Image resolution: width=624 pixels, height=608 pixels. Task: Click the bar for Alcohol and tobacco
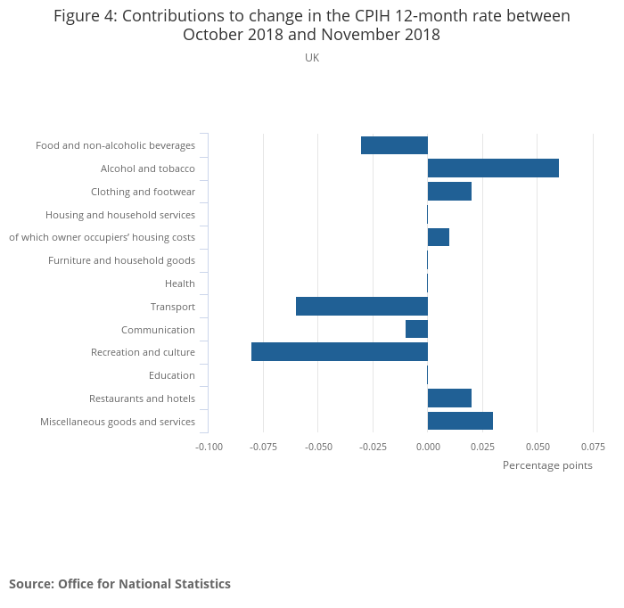tap(493, 168)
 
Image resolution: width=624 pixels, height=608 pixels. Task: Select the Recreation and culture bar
tap(340, 352)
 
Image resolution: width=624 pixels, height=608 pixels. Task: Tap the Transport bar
tap(362, 307)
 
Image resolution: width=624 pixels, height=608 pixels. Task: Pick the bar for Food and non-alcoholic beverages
tap(394, 145)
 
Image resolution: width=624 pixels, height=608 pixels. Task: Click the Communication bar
tap(416, 329)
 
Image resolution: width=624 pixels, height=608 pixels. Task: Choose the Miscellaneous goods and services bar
tap(460, 421)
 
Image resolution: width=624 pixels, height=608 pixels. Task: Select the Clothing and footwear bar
tap(449, 192)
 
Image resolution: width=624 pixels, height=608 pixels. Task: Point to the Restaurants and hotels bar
tap(449, 398)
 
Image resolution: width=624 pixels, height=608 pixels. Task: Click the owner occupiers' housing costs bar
tap(439, 237)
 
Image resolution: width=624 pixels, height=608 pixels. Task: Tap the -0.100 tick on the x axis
tap(209, 446)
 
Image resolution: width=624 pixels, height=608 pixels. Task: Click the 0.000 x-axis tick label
tap(428, 446)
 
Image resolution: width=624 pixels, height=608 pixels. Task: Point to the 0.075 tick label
tap(593, 446)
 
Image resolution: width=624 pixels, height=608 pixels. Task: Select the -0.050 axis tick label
tap(318, 446)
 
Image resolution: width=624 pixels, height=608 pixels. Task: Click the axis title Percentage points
tap(547, 465)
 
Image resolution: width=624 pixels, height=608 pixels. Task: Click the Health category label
tap(180, 283)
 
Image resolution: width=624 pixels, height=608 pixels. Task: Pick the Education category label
tap(172, 375)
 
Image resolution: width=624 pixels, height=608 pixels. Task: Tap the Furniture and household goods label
tap(121, 260)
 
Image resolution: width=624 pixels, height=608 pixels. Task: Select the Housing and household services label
tap(120, 215)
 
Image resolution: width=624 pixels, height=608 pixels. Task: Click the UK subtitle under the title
tap(312, 58)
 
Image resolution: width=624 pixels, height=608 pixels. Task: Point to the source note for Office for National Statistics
tap(119, 584)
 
